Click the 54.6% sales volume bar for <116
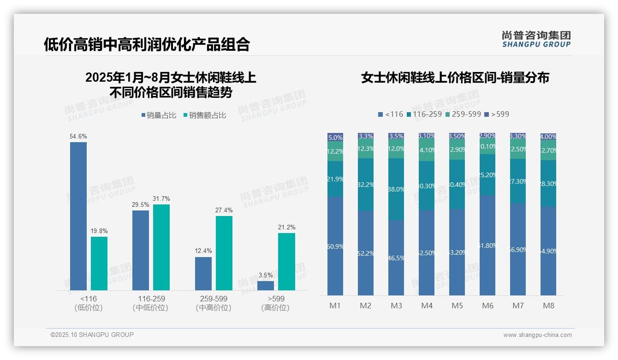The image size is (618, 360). tap(78, 216)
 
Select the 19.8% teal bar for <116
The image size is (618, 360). tap(99, 264)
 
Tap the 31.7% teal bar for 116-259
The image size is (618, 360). tap(161, 247)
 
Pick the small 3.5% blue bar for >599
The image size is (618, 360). tap(266, 286)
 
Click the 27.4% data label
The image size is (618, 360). tap(224, 210)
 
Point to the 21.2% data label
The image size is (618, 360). tap(286, 228)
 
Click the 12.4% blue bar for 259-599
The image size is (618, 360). tap(203, 274)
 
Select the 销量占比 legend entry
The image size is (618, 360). tap(159, 115)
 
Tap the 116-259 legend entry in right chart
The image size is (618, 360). tap(424, 114)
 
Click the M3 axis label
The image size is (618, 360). tap(396, 306)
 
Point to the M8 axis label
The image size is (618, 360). tap(548, 306)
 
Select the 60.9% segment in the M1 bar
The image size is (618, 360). tap(335, 246)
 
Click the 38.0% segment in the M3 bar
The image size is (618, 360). tap(396, 189)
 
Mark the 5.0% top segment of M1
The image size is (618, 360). tap(335, 137)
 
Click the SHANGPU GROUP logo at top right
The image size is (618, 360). tap(536, 39)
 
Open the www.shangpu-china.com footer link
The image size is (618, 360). tap(537, 335)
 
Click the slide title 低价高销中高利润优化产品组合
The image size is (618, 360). tap(147, 44)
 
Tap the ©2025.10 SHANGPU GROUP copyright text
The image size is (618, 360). tap(92, 335)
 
